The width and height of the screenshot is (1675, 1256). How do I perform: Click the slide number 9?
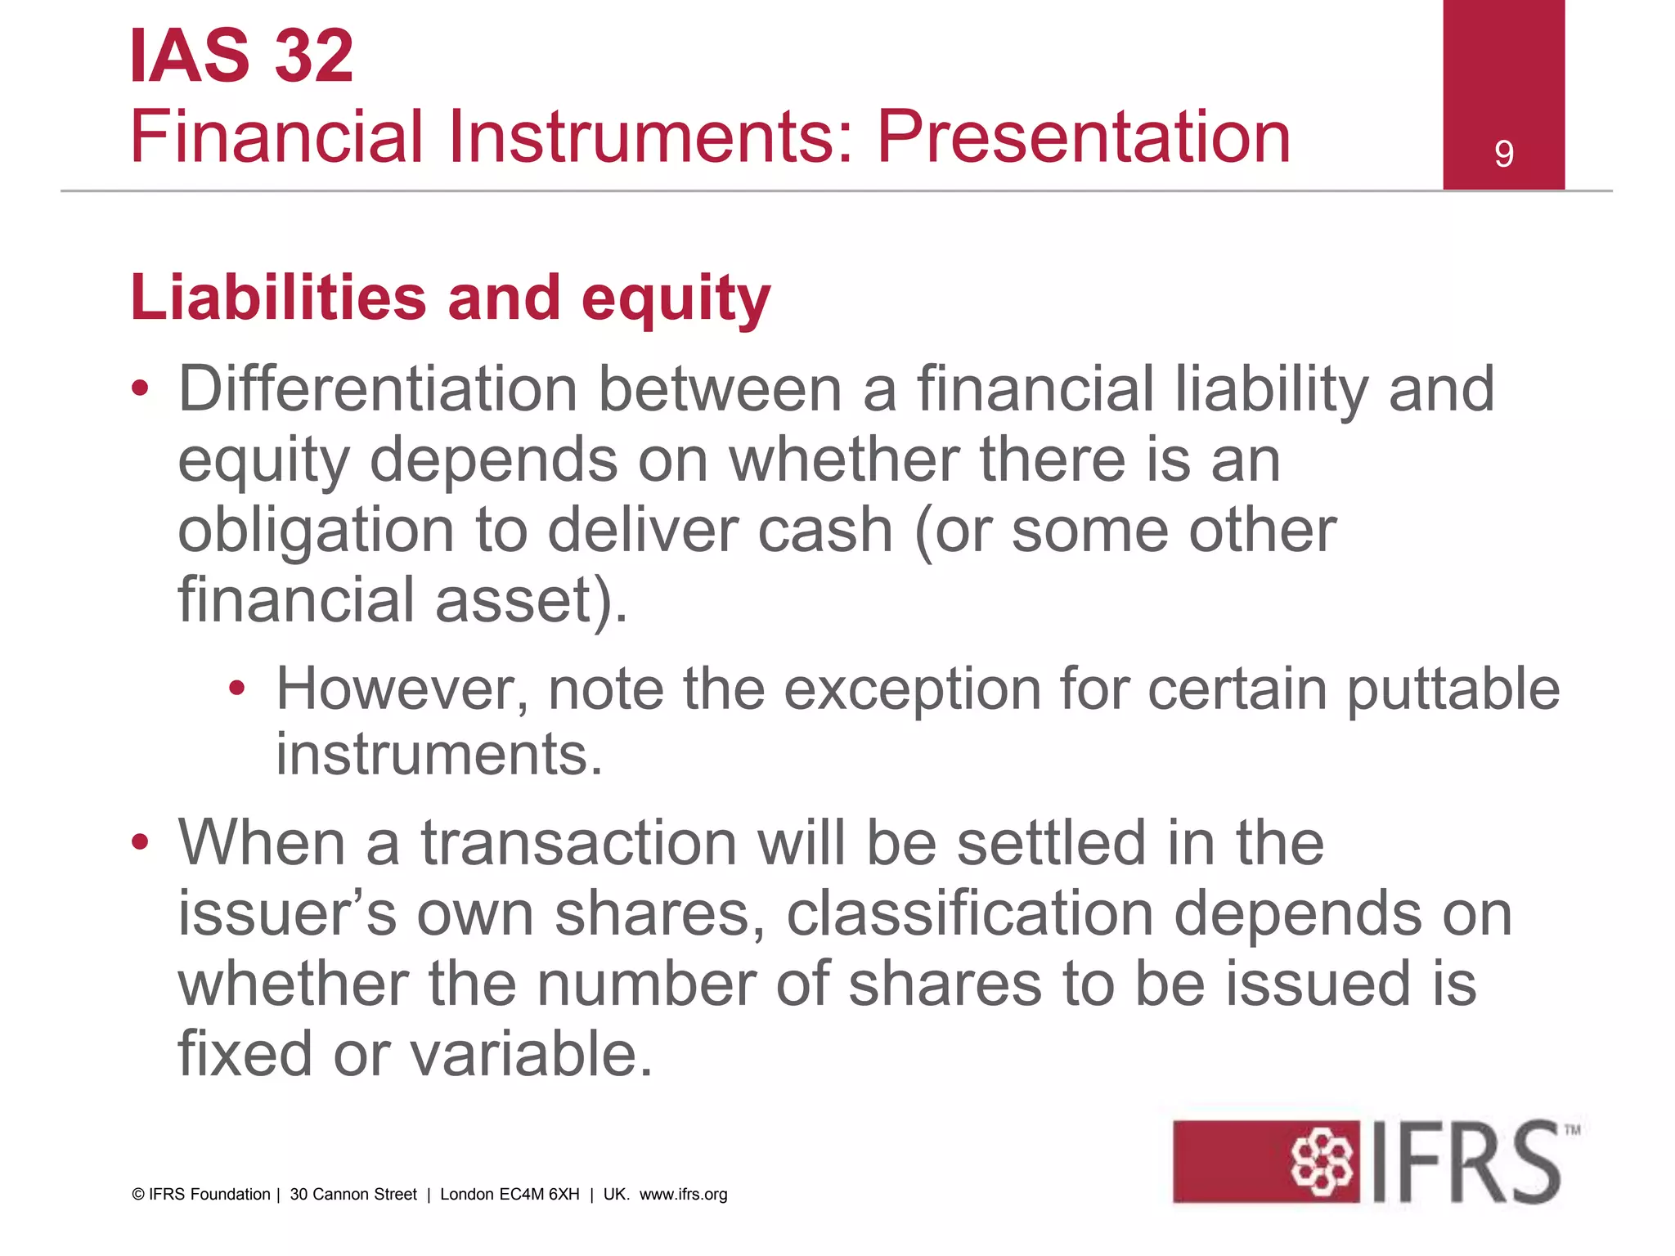(1503, 154)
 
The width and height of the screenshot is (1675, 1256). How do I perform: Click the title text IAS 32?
(242, 56)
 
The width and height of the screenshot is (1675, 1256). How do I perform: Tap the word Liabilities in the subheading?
(278, 297)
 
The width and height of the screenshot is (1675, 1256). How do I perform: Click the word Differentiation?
(378, 389)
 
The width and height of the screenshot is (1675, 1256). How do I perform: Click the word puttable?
(1453, 689)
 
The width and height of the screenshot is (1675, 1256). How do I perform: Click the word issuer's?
(287, 913)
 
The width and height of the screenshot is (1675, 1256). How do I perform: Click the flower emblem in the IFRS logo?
(1321, 1161)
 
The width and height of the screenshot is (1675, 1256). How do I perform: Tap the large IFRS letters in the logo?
(1466, 1162)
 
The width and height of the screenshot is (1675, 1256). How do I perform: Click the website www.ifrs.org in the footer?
(683, 1194)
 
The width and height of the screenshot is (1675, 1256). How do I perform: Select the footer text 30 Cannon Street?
(353, 1194)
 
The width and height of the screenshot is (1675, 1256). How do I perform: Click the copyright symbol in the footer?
(138, 1195)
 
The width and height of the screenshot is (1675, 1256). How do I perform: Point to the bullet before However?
(237, 689)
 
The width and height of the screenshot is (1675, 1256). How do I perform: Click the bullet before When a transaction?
(141, 841)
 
